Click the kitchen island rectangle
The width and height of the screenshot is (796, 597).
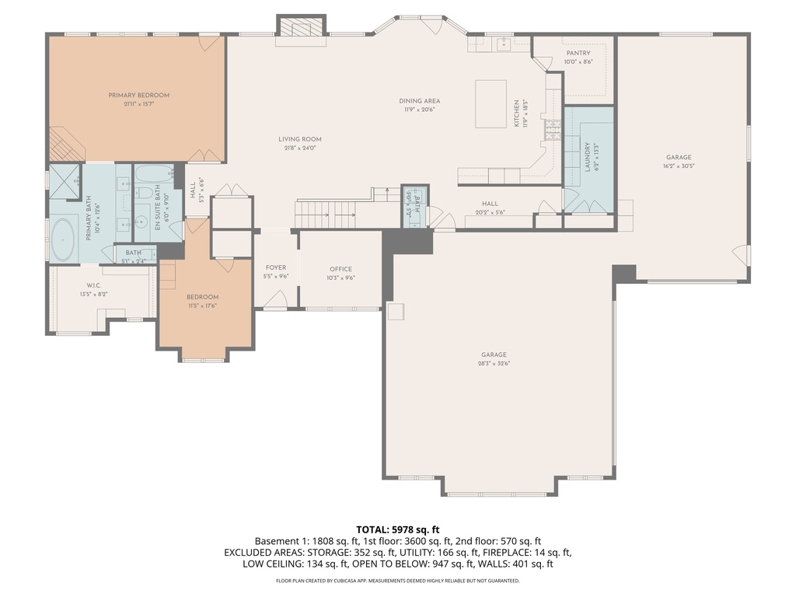(491, 103)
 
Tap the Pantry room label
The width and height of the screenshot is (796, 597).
(578, 53)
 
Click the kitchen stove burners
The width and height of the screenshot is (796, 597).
(553, 130)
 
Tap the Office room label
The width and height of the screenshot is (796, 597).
(340, 269)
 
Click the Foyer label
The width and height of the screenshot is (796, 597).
(276, 267)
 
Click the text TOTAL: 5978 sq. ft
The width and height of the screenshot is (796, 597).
(397, 529)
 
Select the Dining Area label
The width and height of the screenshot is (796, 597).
(420, 100)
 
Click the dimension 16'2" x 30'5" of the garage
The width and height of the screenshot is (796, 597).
(678, 166)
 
